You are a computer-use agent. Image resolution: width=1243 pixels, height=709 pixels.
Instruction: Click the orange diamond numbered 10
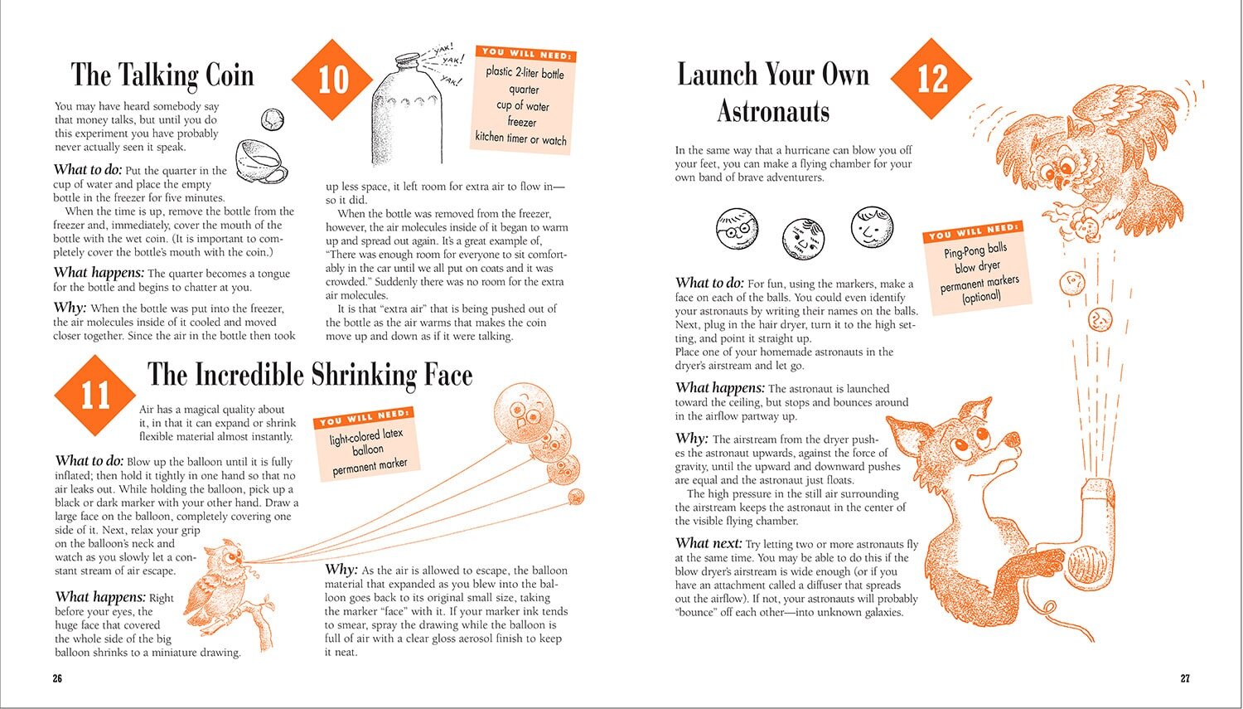(x=332, y=80)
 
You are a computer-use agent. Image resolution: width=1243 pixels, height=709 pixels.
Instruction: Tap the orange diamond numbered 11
(x=95, y=396)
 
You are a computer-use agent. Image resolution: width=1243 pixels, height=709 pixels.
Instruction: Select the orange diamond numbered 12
(x=931, y=79)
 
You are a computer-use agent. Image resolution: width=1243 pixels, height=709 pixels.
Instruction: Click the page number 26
(x=57, y=678)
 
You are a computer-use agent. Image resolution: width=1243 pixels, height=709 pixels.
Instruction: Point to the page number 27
(x=1185, y=678)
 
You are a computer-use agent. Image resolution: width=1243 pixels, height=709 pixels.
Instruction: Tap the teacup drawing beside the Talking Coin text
(x=261, y=162)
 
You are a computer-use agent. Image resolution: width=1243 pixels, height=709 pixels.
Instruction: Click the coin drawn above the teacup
(x=273, y=119)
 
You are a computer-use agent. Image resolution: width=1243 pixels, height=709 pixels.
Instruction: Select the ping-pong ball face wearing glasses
(x=737, y=229)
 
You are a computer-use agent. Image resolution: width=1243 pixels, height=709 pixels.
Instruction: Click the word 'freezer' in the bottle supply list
(x=521, y=122)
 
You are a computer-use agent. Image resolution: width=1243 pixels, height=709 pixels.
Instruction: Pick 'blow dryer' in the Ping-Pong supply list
(x=977, y=266)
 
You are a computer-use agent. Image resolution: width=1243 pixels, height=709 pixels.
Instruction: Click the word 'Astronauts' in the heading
(x=773, y=111)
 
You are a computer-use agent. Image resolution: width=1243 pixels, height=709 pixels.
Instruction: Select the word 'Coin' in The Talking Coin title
(x=230, y=75)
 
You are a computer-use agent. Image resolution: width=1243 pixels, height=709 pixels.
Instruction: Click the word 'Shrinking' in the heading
(x=363, y=375)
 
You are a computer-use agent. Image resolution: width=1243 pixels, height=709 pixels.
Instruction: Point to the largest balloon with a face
(x=524, y=410)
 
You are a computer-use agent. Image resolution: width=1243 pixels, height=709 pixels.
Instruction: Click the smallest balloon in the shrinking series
(x=576, y=497)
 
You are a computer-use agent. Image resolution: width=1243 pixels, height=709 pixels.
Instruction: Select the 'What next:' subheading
(x=708, y=543)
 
